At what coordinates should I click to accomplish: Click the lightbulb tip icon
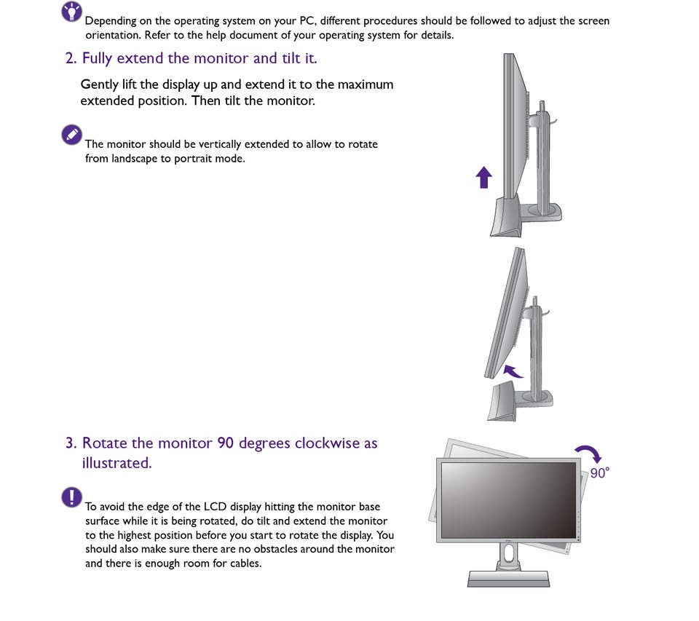(x=71, y=11)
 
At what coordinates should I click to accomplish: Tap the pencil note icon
(x=71, y=134)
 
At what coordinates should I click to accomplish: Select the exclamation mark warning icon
(x=71, y=497)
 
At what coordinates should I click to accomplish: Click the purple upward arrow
(x=483, y=177)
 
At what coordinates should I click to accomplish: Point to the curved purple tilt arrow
(x=513, y=371)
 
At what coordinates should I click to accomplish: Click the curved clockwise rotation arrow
(x=589, y=454)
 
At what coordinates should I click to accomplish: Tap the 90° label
(x=599, y=472)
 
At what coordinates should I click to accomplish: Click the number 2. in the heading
(x=71, y=58)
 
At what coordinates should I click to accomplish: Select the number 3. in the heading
(x=71, y=443)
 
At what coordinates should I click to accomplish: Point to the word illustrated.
(x=116, y=463)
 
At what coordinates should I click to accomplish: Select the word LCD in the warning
(x=216, y=507)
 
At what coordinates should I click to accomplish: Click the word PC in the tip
(x=307, y=21)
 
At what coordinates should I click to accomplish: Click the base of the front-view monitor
(x=508, y=578)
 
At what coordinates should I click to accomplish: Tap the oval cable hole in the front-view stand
(x=509, y=554)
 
